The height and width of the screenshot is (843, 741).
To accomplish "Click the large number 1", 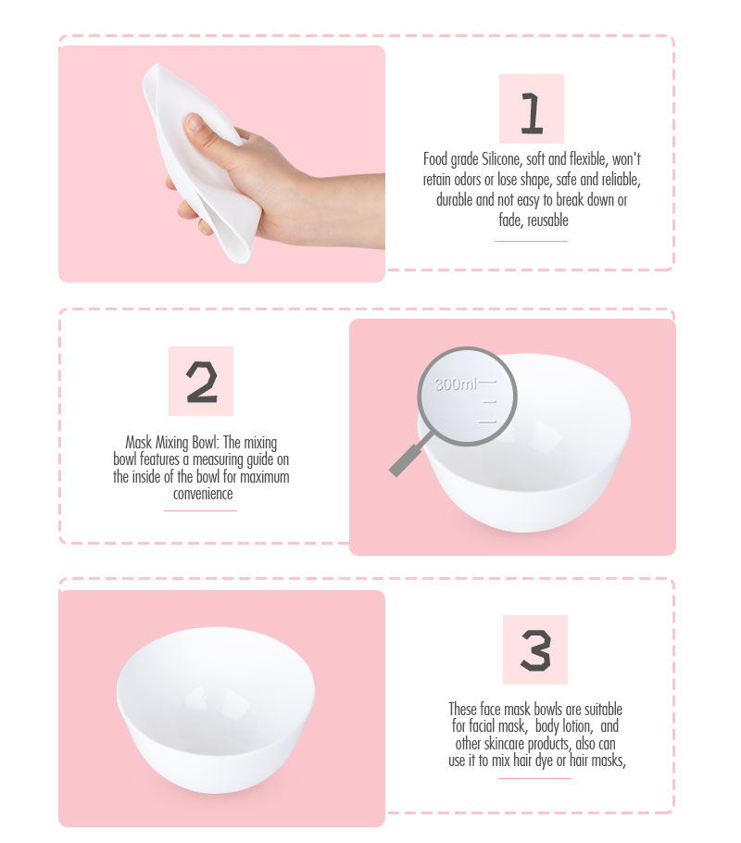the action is click(x=532, y=113).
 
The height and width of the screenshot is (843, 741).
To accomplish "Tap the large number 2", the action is click(x=202, y=383).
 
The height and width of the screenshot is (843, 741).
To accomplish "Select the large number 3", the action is click(x=535, y=650).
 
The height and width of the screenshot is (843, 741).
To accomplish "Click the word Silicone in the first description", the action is click(x=500, y=159).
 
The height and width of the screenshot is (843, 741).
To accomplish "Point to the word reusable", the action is click(x=547, y=220).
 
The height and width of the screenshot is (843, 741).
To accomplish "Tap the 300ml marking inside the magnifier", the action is click(x=455, y=384).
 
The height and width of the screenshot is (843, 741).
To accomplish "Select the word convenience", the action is click(x=203, y=494).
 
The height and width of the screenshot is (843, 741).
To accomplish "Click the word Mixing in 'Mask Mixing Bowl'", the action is click(x=171, y=443).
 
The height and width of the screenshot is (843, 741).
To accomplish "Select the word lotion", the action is click(x=577, y=726).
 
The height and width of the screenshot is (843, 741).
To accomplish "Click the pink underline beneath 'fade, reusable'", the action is click(x=532, y=241).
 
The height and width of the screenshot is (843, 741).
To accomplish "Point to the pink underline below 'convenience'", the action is click(x=201, y=510).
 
